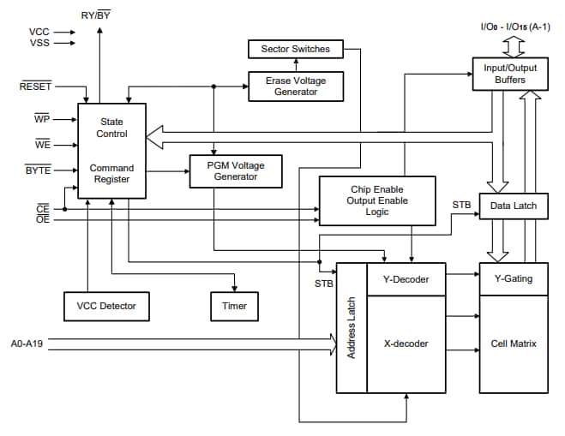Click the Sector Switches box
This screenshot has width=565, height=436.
295,50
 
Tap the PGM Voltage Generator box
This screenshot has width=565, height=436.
235,171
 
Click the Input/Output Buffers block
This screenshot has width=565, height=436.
510,75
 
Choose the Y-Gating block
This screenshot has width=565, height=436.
513,278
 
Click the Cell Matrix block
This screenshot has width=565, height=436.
513,343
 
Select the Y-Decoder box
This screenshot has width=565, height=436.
406,278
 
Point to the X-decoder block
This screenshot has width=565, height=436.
406,343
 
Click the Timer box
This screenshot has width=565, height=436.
234,306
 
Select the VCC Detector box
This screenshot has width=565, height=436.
106,306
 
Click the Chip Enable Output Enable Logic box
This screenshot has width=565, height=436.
376,200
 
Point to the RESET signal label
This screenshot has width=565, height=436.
36,87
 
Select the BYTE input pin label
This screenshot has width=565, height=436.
38,170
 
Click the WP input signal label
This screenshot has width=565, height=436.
42,119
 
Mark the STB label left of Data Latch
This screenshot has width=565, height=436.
461,205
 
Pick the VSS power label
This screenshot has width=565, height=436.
39,43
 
